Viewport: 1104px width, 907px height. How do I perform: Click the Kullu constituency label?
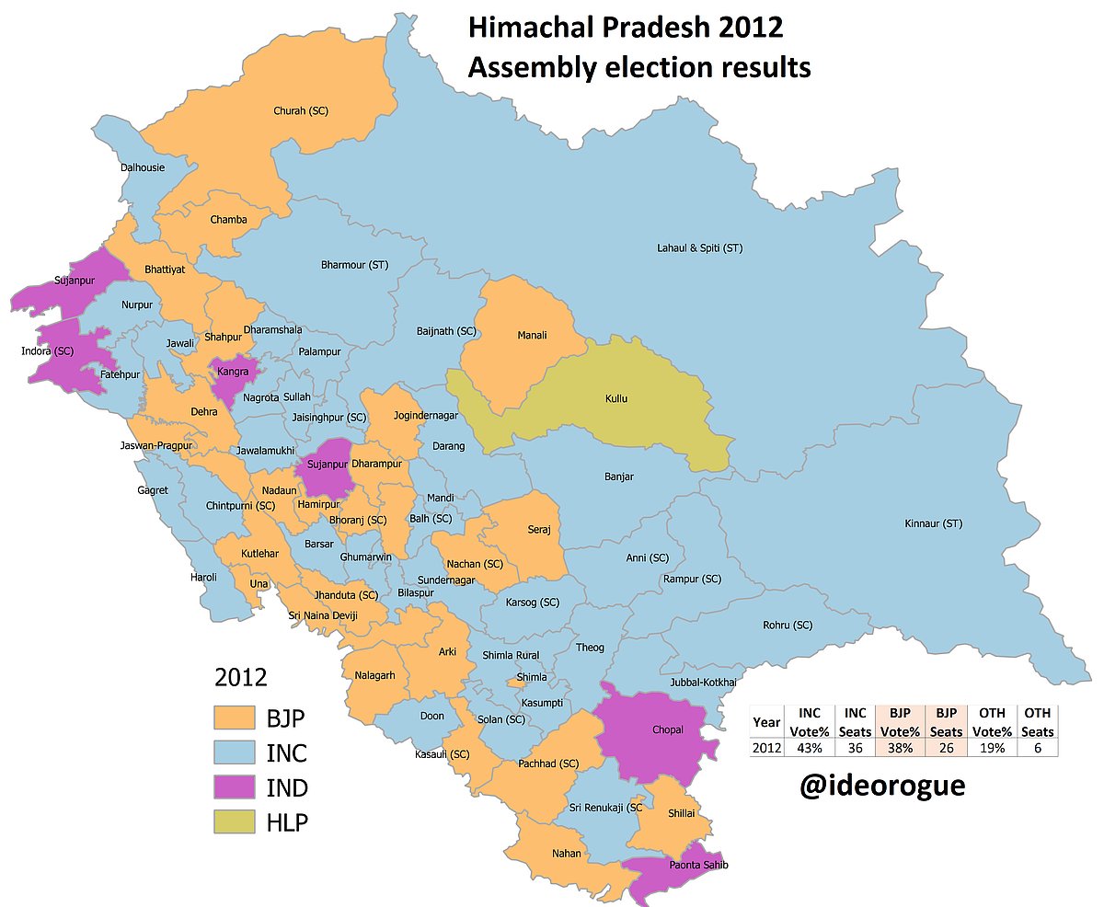click(x=617, y=399)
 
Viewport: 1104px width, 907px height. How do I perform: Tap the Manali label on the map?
click(x=533, y=336)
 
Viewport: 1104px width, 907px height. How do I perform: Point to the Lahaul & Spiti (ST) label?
click(x=699, y=248)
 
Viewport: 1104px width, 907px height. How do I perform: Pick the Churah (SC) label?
click(x=301, y=110)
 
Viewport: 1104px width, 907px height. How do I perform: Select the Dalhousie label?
click(x=143, y=167)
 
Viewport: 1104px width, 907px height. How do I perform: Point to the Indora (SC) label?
click(x=47, y=350)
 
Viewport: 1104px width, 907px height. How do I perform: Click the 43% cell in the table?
click(x=810, y=748)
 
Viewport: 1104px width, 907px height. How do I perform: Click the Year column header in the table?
click(x=765, y=722)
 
